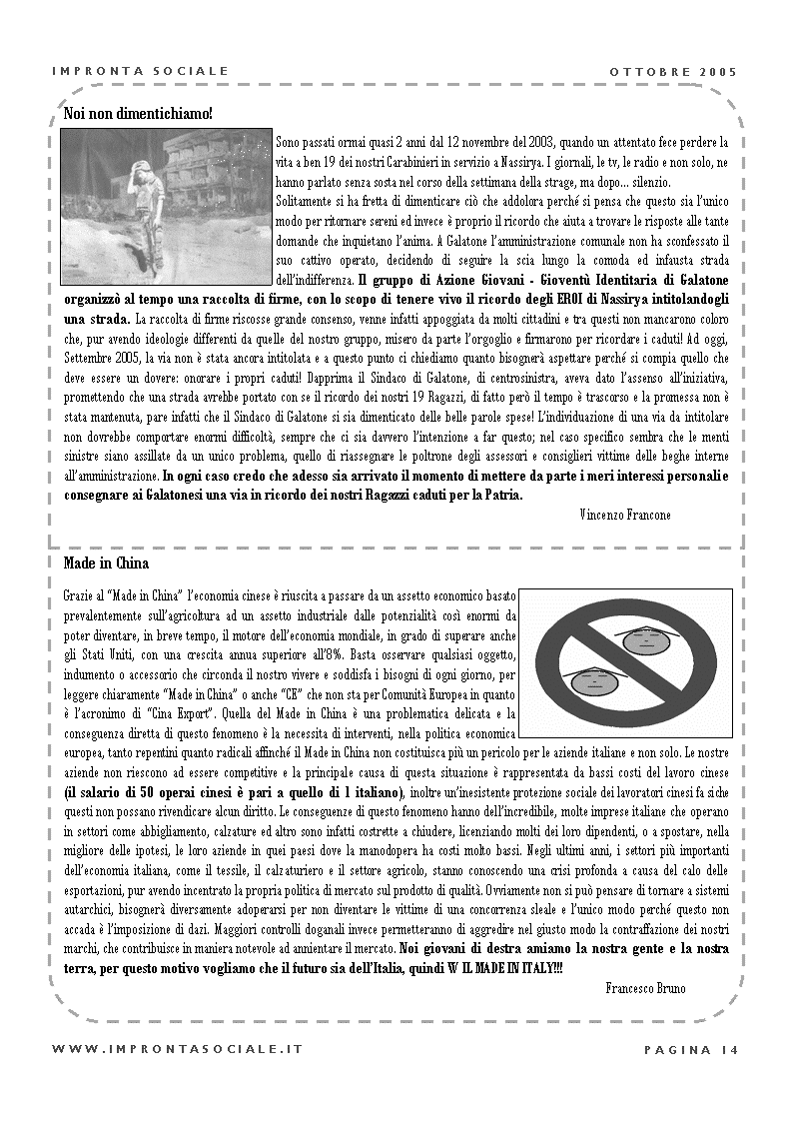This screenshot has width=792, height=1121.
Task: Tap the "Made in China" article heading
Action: click(x=106, y=563)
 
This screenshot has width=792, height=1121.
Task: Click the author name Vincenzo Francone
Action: click(x=624, y=514)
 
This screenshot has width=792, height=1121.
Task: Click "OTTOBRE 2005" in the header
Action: click(x=673, y=71)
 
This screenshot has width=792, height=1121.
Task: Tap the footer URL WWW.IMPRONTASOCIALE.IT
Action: click(x=177, y=1049)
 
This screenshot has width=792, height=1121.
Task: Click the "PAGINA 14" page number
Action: click(x=691, y=1049)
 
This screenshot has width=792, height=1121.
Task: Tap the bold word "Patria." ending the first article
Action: click(x=500, y=495)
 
